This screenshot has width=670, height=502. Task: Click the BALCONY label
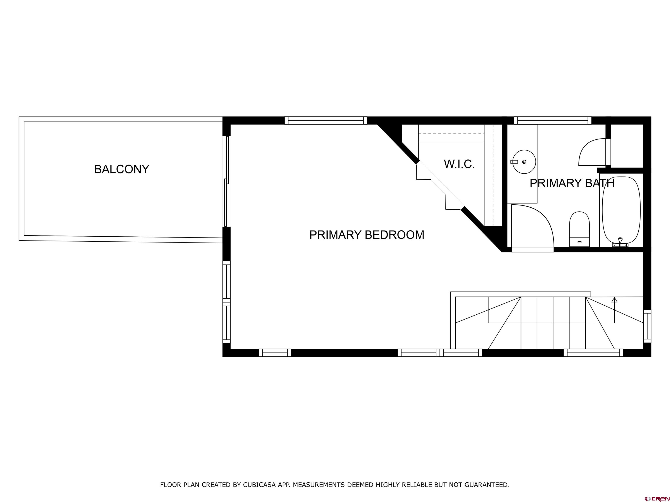tap(121, 169)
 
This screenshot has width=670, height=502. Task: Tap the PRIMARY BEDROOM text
tap(366, 235)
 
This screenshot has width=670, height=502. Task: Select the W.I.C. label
tap(459, 164)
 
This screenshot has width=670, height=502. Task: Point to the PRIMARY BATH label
tap(572, 183)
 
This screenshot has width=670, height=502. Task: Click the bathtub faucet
tap(620, 242)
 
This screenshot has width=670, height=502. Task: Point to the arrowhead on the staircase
tap(614, 300)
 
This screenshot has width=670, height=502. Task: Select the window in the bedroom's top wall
tap(326, 120)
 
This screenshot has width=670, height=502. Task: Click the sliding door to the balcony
tap(226, 181)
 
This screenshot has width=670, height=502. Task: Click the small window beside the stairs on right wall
tap(647, 326)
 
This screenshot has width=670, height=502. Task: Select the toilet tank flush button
tap(579, 242)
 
